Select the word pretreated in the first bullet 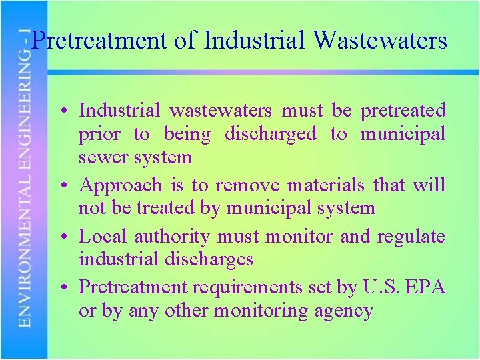click(403, 110)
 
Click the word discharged click(270, 134)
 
